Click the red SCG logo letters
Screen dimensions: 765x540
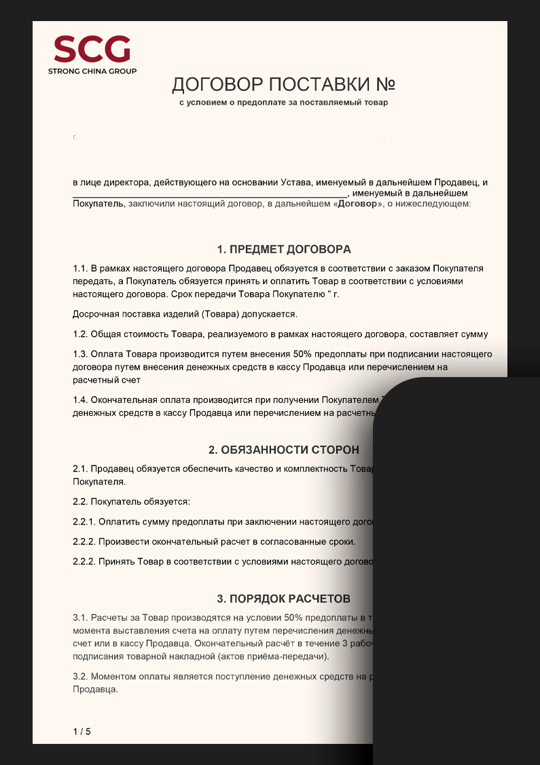point(92,49)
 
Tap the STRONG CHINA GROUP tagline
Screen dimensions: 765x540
point(92,71)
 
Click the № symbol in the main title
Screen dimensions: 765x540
point(385,85)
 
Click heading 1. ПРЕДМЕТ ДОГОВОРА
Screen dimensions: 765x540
point(284,249)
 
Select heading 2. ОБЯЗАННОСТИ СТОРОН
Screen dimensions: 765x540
point(284,450)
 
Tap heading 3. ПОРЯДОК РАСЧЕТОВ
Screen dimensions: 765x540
point(284,599)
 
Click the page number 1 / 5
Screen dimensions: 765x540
point(82,732)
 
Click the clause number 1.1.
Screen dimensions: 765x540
point(80,268)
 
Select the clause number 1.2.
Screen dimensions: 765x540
point(80,334)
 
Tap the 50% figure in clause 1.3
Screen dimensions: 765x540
point(303,354)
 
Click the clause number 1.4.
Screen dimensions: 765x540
point(80,399)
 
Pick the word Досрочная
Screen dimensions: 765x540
point(95,314)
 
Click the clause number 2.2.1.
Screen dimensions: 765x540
point(84,522)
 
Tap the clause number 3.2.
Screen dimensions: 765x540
point(80,677)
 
